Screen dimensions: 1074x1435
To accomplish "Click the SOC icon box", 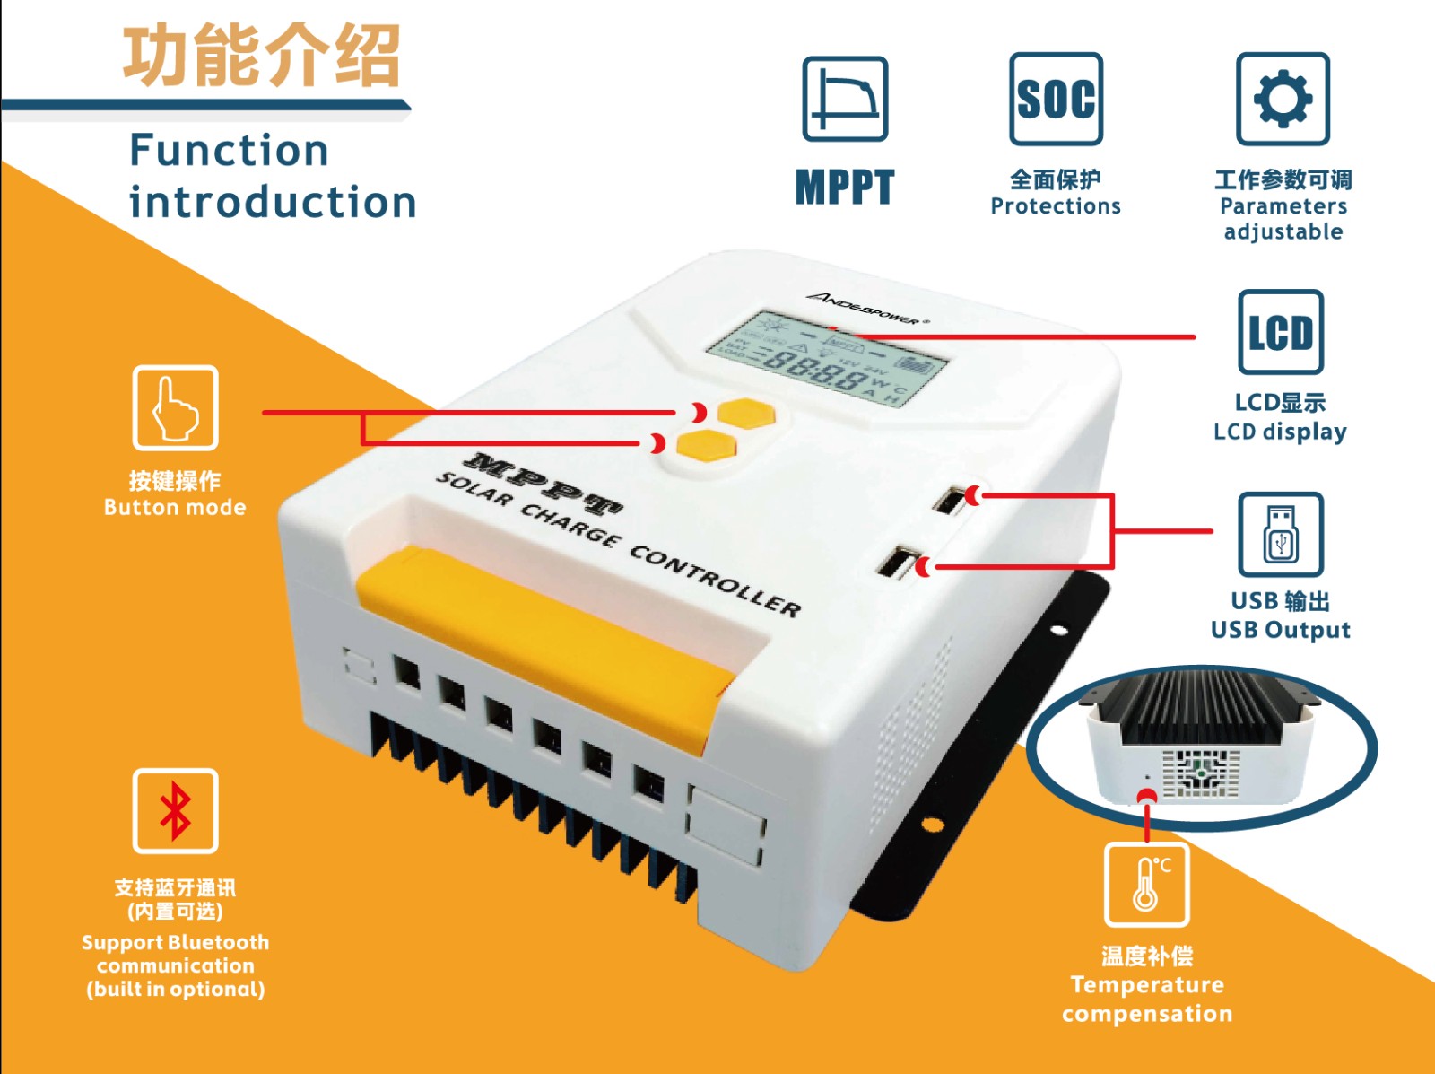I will coord(1056,99).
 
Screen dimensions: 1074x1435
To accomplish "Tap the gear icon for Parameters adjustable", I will coord(1283,99).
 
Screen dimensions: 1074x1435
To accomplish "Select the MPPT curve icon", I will coord(845,99).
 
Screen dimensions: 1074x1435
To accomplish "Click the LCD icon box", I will coord(1280,332).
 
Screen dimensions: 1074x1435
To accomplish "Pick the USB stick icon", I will coord(1280,534).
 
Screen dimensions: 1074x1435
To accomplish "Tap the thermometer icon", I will coord(1146,884).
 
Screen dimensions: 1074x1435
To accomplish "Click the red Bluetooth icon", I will coord(175,810).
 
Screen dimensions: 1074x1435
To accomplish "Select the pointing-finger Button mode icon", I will coord(175,407).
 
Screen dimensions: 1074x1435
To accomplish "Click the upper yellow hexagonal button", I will coord(745,414).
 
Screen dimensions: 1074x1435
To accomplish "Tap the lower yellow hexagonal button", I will coord(705,444).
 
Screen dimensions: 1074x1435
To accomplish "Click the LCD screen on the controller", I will coord(826,359).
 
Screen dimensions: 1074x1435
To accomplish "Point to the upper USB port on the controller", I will coord(949,500).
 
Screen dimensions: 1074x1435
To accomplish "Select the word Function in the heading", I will coord(229,150).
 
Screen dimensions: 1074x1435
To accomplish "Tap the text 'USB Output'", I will coord(1280,630).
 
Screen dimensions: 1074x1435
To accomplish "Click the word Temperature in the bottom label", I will coord(1146,984).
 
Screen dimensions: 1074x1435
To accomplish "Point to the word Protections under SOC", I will coord(1055,206).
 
